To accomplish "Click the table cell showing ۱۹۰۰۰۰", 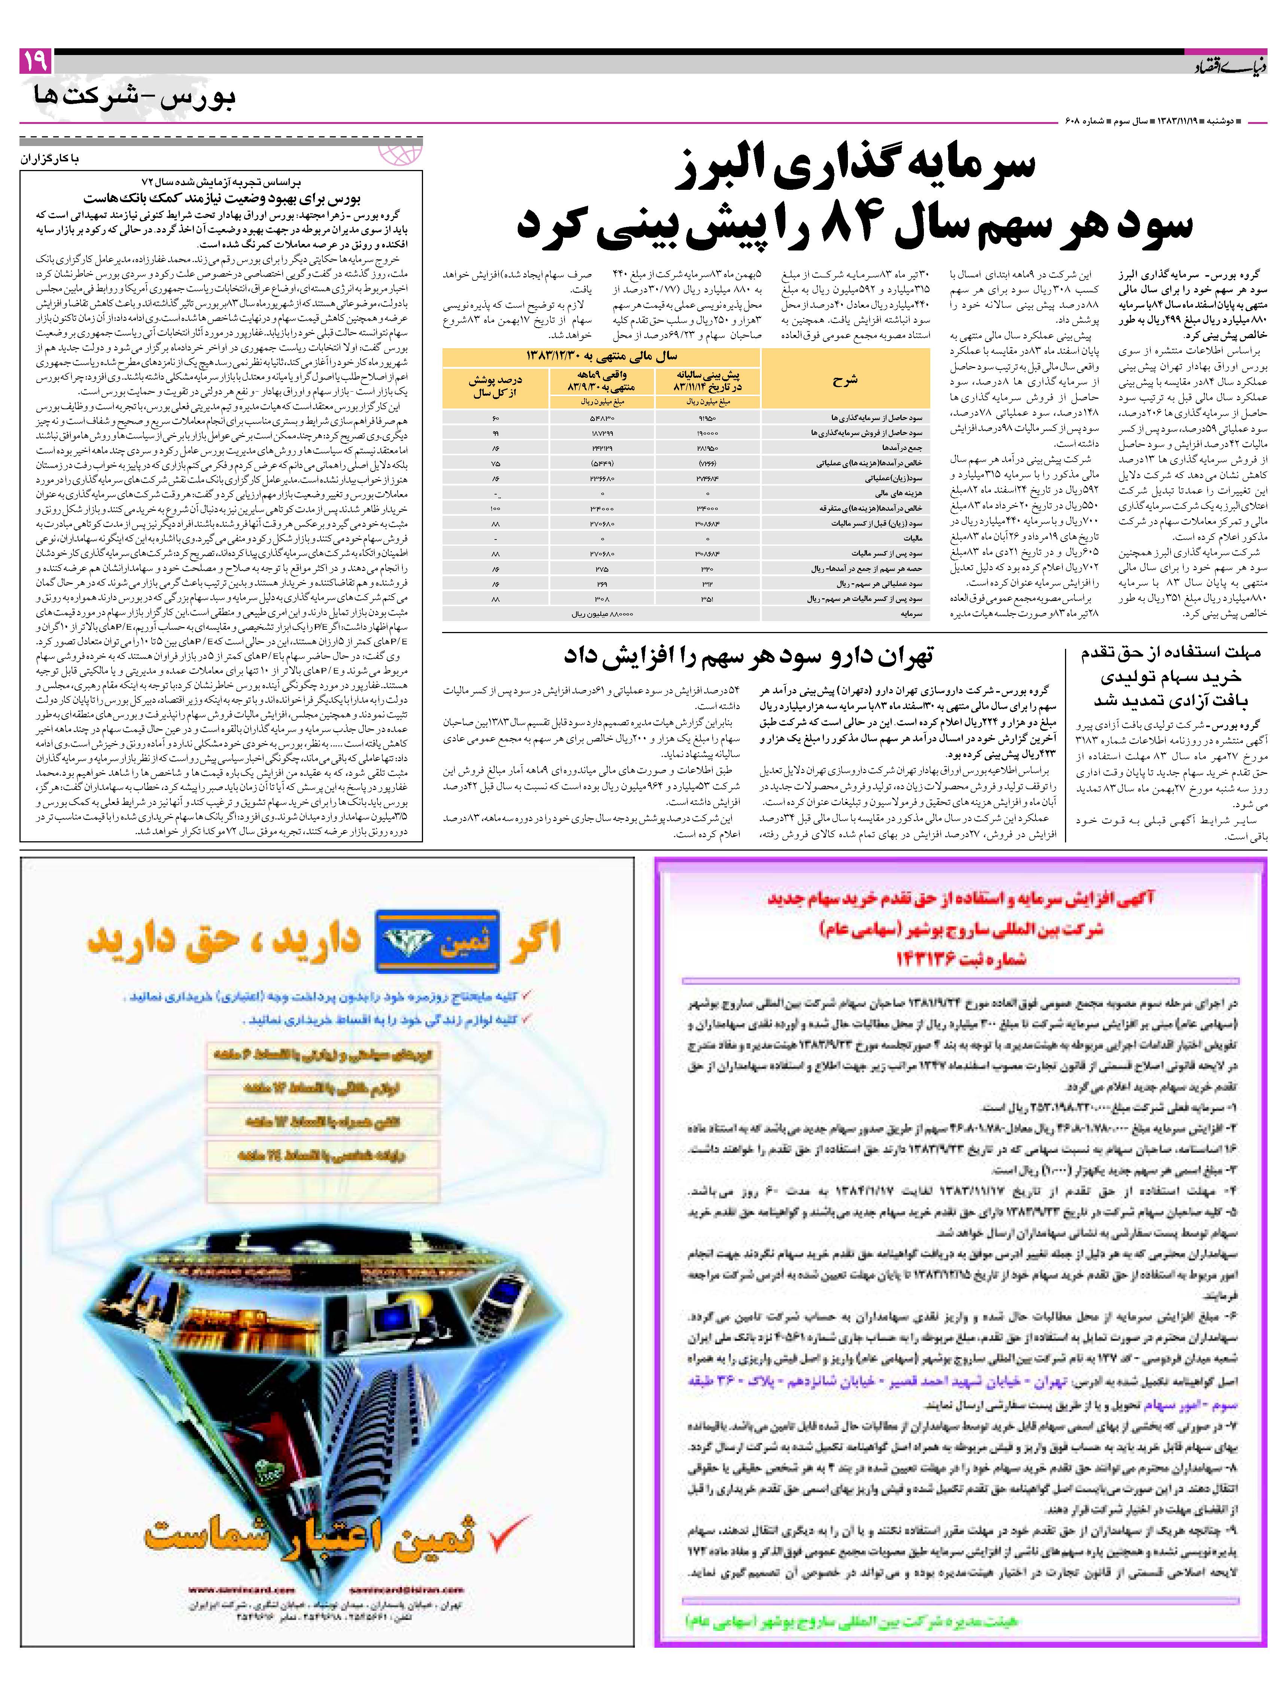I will pyautogui.click(x=707, y=433).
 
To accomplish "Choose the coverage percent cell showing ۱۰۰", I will pyautogui.click(x=495, y=508).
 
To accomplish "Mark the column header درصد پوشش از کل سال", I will pyautogui.click(x=495, y=386).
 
